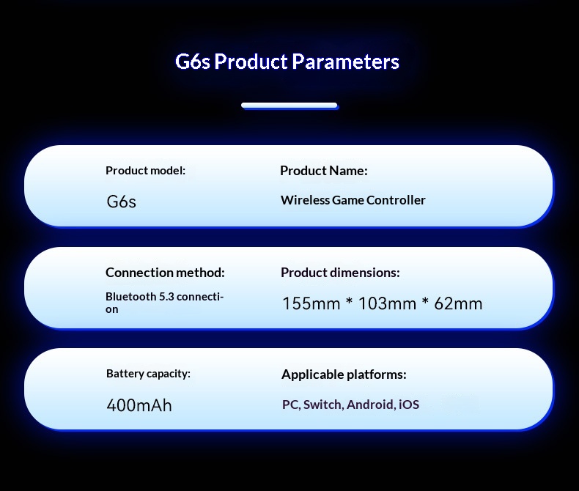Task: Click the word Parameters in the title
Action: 345,62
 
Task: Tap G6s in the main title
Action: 192,62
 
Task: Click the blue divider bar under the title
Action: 289,106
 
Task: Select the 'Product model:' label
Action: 146,171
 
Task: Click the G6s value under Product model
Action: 121,202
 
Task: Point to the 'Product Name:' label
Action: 324,171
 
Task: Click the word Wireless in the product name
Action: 305,200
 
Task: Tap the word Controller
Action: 396,200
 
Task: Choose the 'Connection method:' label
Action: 165,273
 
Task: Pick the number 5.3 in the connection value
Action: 166,297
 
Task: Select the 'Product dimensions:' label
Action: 340,273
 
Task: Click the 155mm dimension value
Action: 311,304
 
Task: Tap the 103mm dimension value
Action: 388,304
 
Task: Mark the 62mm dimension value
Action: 458,304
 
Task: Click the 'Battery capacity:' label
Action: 149,374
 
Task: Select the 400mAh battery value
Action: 139,405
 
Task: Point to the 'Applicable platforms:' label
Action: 344,374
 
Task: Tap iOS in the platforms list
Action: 409,405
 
